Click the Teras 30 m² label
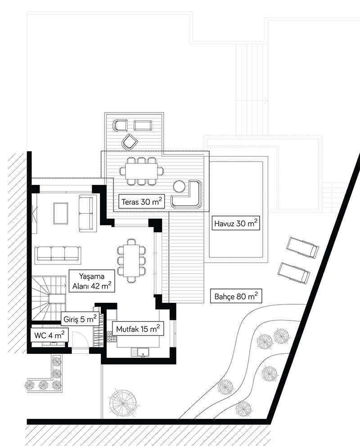tap(142, 202)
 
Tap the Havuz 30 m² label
tap(236, 223)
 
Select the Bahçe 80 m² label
tap(236, 297)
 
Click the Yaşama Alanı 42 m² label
tap(92, 281)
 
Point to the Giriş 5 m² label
tap(80, 319)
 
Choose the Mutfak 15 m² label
tap(138, 329)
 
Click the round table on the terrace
tap(180, 187)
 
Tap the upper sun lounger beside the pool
tap(302, 248)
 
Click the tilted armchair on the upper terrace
tap(130, 141)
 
